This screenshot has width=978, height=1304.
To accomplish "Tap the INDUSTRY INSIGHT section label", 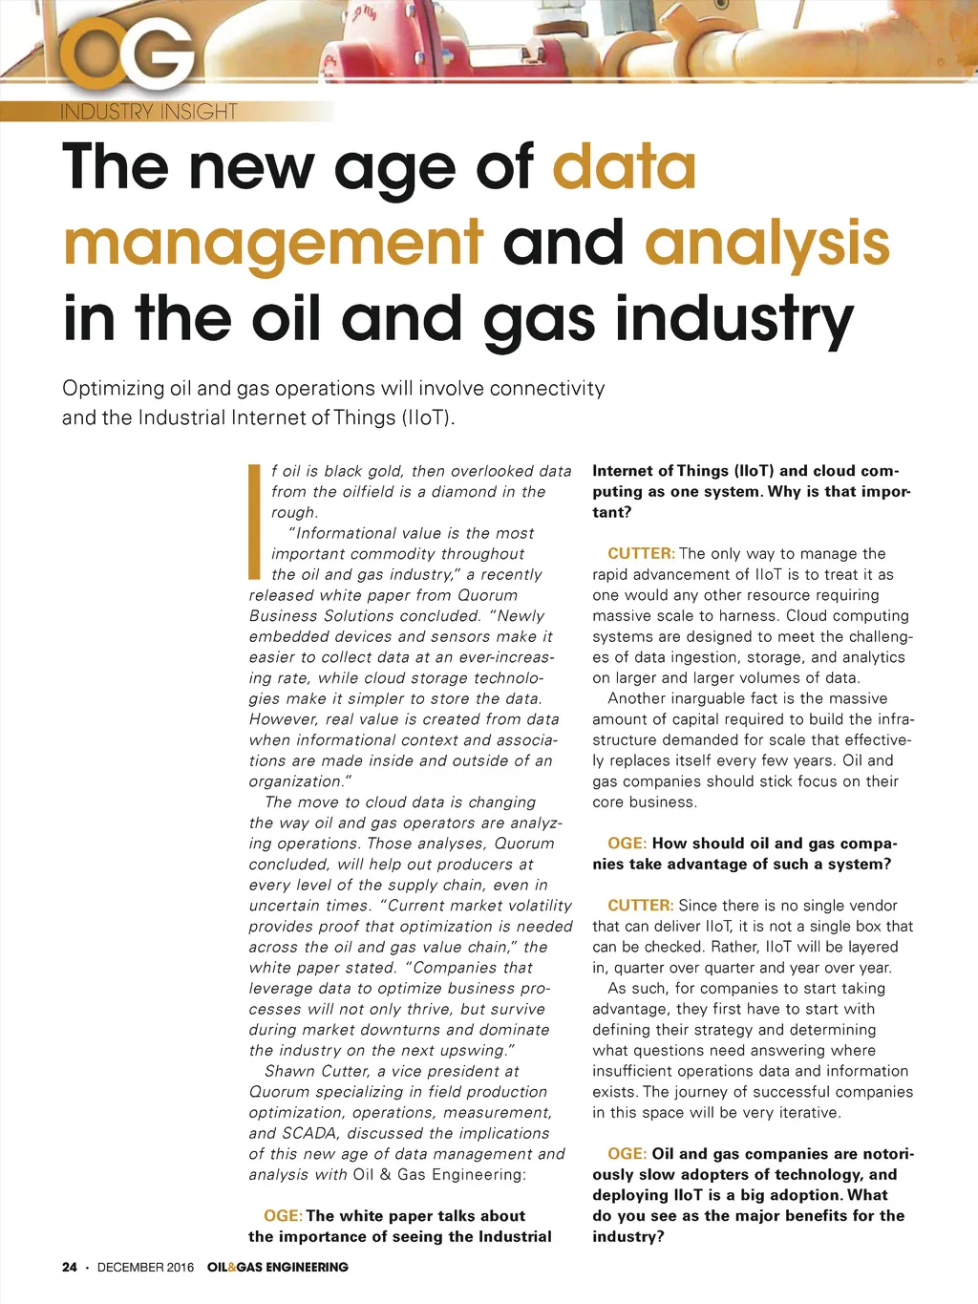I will pyautogui.click(x=149, y=112).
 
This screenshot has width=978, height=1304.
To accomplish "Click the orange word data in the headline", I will pyautogui.click(x=625, y=166).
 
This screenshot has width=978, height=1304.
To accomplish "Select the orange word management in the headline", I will pyautogui.click(x=273, y=243).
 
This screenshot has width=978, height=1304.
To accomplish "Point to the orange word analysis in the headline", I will pyautogui.click(x=767, y=243).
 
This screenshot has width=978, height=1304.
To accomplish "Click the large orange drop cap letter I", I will pyautogui.click(x=255, y=522).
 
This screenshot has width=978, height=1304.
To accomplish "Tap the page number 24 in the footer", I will pyautogui.click(x=69, y=1267).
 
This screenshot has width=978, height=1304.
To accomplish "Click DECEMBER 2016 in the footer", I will pyautogui.click(x=145, y=1267).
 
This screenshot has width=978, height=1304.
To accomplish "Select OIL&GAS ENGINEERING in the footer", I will pyautogui.click(x=278, y=1267).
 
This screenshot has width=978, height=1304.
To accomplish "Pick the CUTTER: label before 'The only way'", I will pyautogui.click(x=641, y=554).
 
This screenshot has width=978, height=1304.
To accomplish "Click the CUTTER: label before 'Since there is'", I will pyautogui.click(x=641, y=906).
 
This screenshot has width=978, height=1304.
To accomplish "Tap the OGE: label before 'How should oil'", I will pyautogui.click(x=627, y=844).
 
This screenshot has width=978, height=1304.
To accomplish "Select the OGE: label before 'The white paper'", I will pyautogui.click(x=284, y=1216).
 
